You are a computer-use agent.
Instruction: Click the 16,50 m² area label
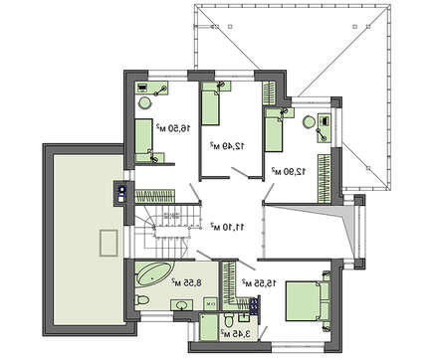click(173, 127)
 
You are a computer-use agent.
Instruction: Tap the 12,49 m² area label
click(228, 145)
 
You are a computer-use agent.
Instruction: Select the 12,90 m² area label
click(289, 171)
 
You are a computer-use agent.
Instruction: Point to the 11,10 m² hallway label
click(228, 227)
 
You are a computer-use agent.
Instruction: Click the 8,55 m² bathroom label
click(186, 282)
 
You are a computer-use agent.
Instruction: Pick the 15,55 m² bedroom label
click(259, 282)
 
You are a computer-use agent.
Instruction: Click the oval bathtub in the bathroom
click(154, 273)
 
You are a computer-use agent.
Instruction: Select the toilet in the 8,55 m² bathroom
click(142, 300)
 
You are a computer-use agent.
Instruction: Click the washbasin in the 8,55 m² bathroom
click(182, 304)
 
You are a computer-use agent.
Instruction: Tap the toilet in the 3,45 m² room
click(229, 320)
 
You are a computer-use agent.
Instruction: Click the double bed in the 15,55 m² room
click(308, 301)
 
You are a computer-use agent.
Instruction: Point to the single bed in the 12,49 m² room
click(210, 103)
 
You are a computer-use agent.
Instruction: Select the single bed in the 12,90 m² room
click(274, 130)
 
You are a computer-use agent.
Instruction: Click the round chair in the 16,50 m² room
click(144, 102)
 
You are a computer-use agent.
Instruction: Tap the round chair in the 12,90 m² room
click(310, 121)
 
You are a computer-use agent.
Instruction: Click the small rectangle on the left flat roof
click(109, 243)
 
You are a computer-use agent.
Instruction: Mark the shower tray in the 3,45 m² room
click(209, 327)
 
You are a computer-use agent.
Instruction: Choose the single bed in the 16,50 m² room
click(143, 140)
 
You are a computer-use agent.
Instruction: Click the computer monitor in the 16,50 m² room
click(142, 88)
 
